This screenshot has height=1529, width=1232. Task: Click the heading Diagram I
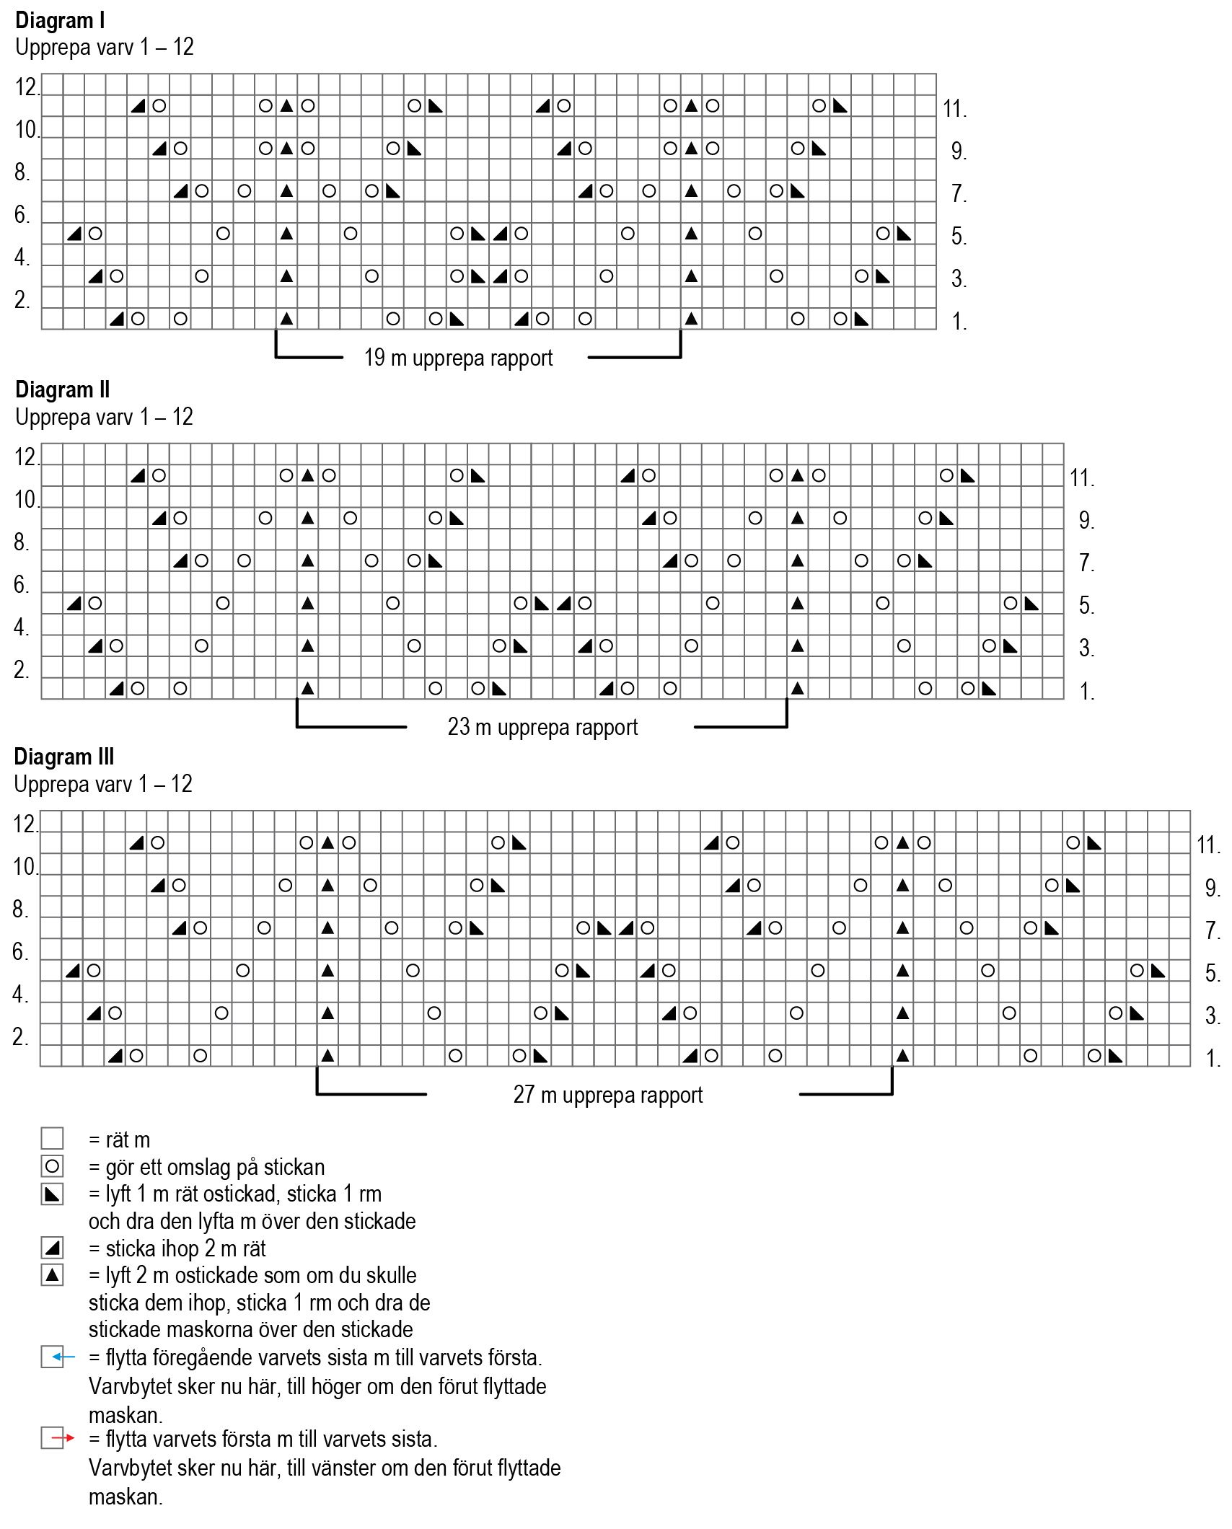[x=60, y=21]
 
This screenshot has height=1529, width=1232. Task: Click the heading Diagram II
[x=63, y=390]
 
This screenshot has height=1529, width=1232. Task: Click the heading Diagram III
[x=64, y=757]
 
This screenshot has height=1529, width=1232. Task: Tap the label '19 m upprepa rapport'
[x=458, y=358]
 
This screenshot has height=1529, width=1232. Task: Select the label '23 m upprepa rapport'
[x=542, y=727]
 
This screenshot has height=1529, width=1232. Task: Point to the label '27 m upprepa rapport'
[x=607, y=1095]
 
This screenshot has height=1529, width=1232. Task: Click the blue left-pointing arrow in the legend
[x=63, y=1357]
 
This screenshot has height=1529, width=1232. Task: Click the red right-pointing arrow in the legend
[x=63, y=1438]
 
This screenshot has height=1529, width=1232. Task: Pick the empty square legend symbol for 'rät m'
[x=52, y=1139]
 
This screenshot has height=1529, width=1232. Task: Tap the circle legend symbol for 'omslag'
[x=52, y=1166]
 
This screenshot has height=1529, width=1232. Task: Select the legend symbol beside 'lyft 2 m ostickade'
[x=52, y=1275]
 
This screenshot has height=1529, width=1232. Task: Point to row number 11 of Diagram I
[x=954, y=109]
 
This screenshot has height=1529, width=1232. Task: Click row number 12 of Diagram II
[x=26, y=457]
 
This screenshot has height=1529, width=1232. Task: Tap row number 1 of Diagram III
[x=1213, y=1059]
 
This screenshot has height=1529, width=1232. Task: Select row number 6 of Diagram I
[x=22, y=215]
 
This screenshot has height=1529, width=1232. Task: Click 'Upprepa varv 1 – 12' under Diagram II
[x=104, y=417]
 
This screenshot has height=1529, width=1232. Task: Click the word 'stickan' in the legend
[x=293, y=1167]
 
